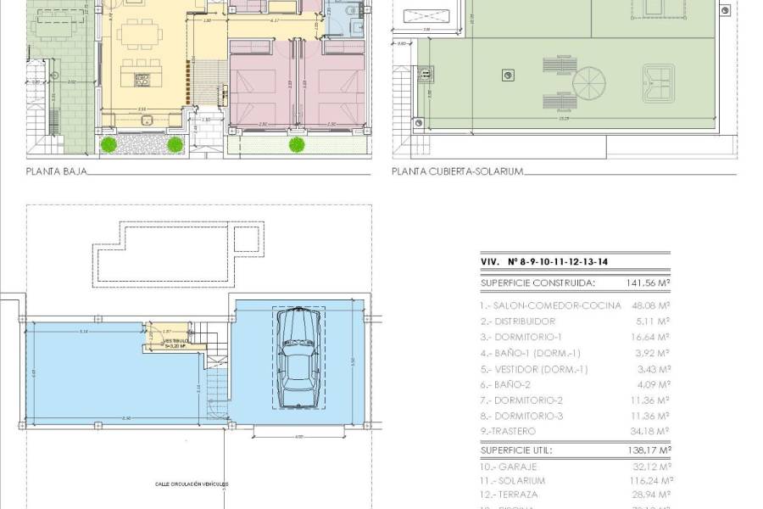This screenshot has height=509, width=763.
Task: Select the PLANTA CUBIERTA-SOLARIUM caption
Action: [x=457, y=171]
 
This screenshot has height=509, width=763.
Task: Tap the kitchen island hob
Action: [x=141, y=81]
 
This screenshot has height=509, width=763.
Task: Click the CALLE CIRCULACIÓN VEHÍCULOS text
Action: [x=192, y=484]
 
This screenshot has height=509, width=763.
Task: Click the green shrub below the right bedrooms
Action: [x=297, y=145]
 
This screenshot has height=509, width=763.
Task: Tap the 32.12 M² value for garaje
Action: [x=649, y=467]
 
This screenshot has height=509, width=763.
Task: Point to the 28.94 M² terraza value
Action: [x=649, y=494]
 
